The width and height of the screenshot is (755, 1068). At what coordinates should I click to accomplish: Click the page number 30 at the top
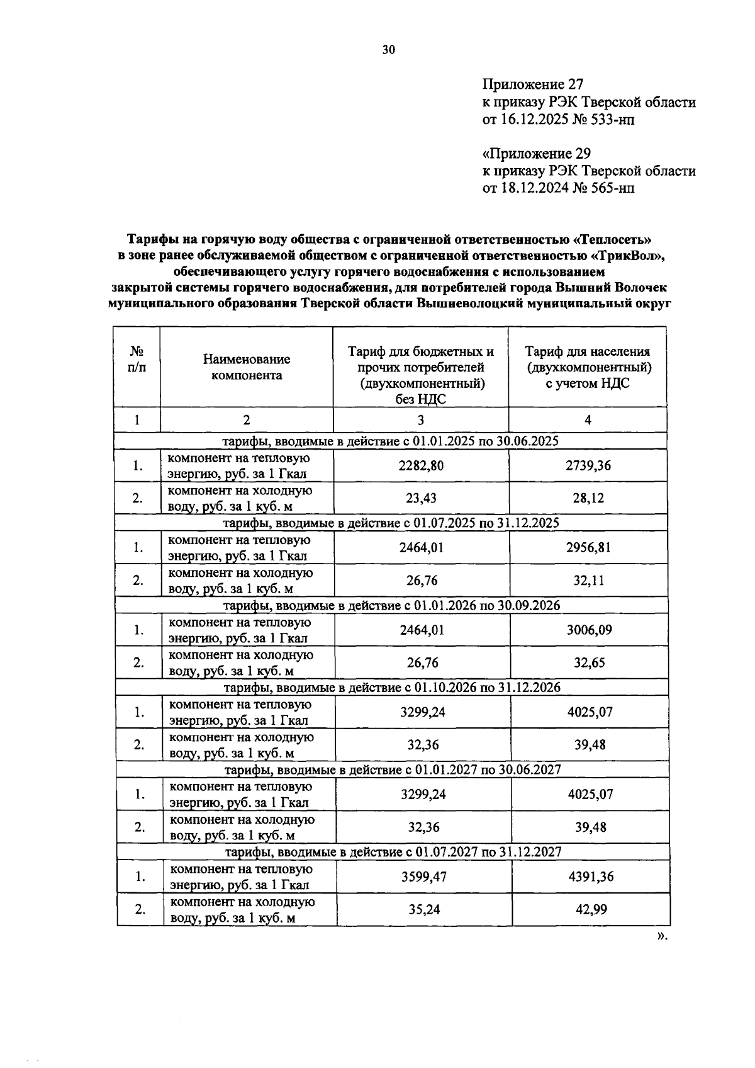point(388,50)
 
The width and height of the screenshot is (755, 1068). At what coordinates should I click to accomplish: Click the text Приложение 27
point(533,84)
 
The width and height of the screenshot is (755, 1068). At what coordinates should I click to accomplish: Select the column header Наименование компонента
point(247,367)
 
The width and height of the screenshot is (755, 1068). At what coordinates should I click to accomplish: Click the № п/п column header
point(137,360)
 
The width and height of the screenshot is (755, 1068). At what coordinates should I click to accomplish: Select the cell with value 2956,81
point(588,547)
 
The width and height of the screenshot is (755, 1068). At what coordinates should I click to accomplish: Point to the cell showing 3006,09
point(589,630)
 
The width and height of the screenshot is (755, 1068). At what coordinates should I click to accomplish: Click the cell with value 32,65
point(589,662)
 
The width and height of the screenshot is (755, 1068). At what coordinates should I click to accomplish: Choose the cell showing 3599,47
point(424,877)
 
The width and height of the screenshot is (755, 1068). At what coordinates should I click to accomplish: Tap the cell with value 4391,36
point(590,877)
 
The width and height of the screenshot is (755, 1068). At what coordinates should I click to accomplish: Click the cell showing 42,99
point(590,909)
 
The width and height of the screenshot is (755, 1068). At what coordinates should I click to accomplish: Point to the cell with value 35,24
point(424,909)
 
